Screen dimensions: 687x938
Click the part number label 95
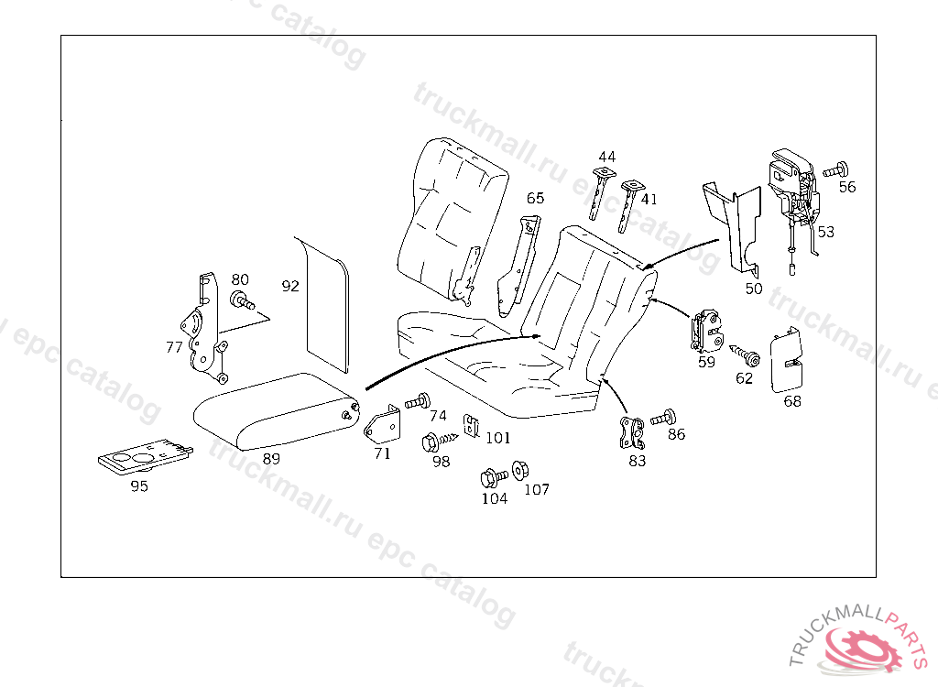pos(139,486)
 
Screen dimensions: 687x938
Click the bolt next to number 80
pos(243,299)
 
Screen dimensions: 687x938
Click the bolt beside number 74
pos(420,400)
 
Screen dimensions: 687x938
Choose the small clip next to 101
pos(472,425)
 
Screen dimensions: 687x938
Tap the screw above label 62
pos(744,353)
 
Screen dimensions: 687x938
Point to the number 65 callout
pos(535,198)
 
